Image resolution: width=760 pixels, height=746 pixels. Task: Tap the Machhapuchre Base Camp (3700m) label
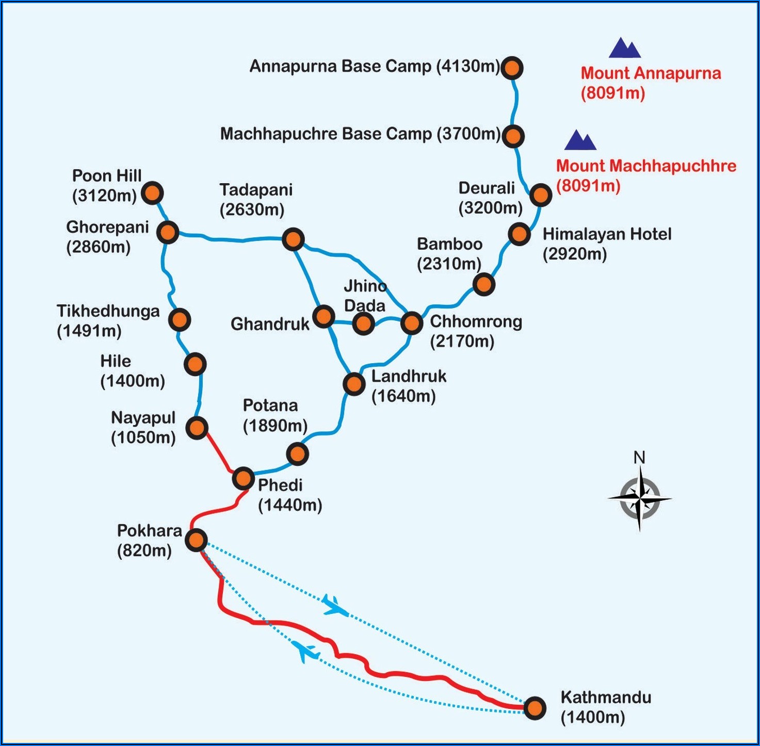360,134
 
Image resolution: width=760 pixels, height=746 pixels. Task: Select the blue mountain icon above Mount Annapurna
624,48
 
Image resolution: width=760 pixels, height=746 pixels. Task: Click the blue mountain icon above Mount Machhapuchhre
580,140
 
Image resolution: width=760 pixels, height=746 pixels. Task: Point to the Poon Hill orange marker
152,193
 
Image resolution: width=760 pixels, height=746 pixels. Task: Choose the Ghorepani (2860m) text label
107,237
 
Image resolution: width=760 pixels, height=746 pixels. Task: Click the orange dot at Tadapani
293,239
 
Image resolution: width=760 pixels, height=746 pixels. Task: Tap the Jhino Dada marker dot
363,323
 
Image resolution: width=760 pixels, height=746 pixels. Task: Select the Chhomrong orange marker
411,323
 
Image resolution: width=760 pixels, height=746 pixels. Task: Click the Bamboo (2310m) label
449,253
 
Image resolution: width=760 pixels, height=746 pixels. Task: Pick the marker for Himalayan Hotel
519,234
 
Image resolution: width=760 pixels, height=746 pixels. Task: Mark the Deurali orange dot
540,194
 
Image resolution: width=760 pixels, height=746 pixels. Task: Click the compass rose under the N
640,498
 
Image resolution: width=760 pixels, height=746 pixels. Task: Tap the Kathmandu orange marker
535,708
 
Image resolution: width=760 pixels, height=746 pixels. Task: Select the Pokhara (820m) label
148,540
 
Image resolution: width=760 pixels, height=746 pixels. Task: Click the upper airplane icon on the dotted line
335,605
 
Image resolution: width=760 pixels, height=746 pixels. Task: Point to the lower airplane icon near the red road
306,652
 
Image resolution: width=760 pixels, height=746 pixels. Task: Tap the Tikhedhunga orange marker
179,320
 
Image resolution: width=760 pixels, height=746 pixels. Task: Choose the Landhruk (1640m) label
409,385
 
